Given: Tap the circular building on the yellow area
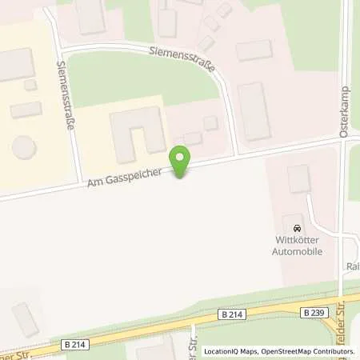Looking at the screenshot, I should coord(22,149).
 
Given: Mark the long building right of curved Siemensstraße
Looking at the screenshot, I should coord(254,111).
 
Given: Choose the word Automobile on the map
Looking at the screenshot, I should coord(299,250).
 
